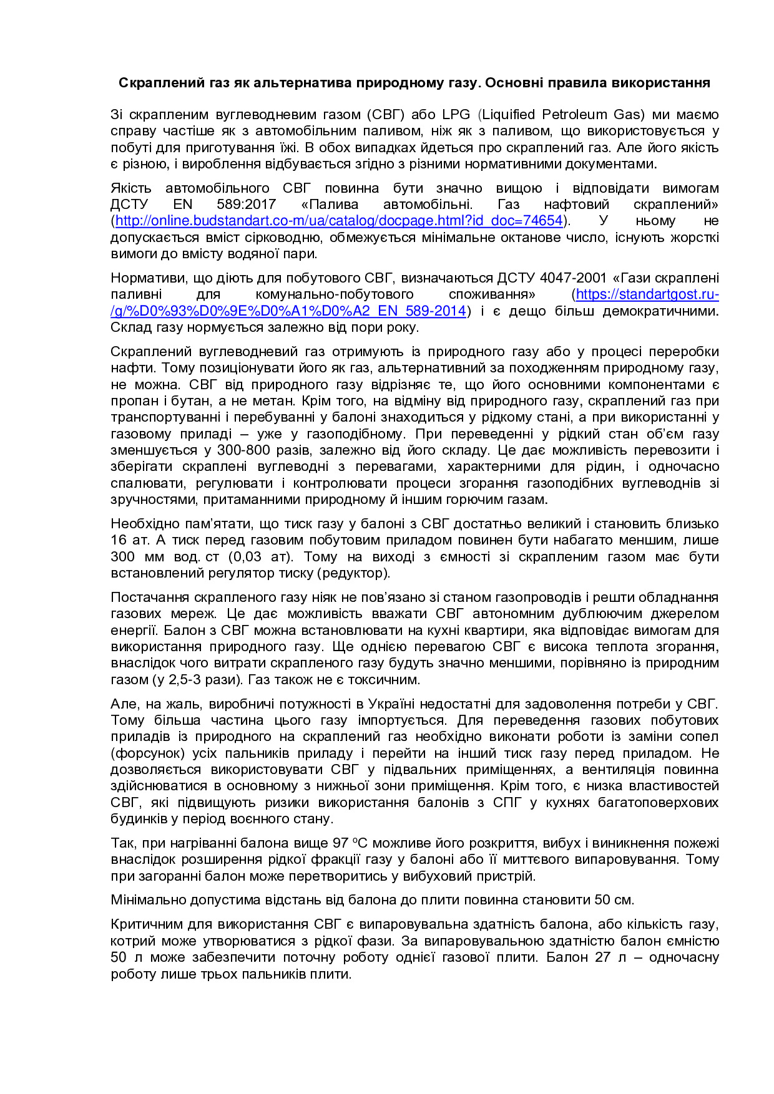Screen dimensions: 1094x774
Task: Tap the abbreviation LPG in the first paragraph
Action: (456, 115)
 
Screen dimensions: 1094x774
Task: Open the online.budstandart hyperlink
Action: (339, 221)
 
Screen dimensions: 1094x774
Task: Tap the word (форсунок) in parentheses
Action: (148, 753)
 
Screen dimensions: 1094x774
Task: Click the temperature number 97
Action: (340, 843)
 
